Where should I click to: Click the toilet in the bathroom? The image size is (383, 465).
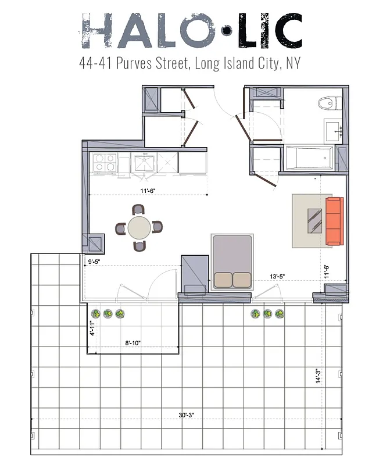pos(328,103)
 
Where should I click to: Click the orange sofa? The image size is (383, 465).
pos(334,221)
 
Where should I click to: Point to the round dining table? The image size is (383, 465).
pos(139,228)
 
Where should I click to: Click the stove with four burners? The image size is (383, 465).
pos(105,162)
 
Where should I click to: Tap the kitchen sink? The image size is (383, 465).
pos(143,163)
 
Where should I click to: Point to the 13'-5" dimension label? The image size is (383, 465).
pos(277,277)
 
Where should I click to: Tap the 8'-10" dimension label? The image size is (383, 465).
pos(132,344)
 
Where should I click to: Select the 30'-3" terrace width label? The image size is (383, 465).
pos(187,415)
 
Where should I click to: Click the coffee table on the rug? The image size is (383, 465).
pos(314,220)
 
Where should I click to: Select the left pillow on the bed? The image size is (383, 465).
pos(223,280)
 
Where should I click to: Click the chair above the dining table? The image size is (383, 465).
pos(138,210)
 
